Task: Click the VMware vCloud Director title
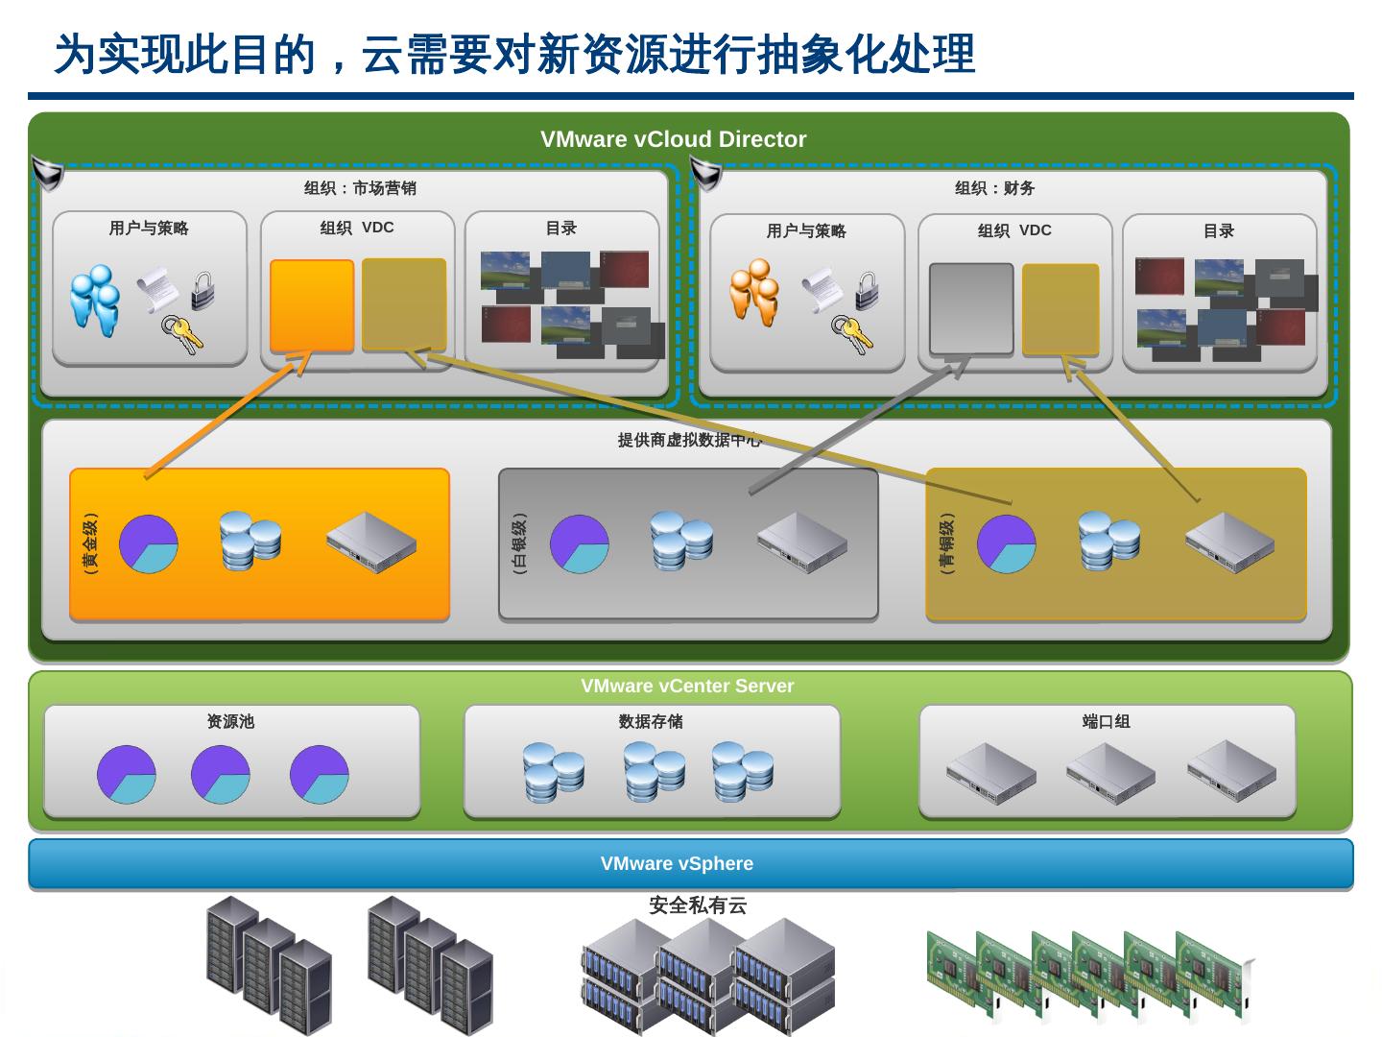pos(673,139)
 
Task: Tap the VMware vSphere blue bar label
pos(677,863)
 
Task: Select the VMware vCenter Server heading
pos(687,686)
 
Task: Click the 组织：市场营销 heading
pos(360,188)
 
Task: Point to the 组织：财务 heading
pos(994,188)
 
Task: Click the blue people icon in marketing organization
pos(95,299)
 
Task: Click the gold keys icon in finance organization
pos(851,334)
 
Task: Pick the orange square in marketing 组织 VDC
pos(312,305)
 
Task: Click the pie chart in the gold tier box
pos(149,543)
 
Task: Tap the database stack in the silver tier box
pos(681,540)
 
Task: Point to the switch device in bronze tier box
pos(1228,543)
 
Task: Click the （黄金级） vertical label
pos(89,543)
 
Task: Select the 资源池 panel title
pos(230,721)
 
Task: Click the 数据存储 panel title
pos(651,721)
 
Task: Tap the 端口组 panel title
pos(1107,721)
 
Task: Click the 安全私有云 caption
pos(698,904)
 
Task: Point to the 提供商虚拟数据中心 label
pos(689,440)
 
